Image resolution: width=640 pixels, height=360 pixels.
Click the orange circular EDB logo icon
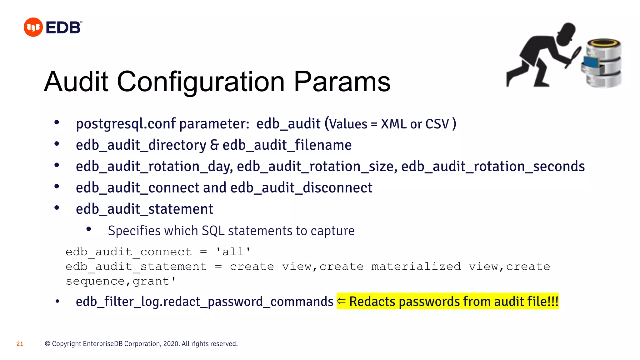tap(33, 27)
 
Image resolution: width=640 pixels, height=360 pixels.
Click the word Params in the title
tap(342, 82)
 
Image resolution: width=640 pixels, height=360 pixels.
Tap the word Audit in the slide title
tap(76, 82)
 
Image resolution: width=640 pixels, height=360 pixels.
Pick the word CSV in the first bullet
tap(437, 124)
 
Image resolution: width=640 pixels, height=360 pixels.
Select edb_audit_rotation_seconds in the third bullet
tap(493, 167)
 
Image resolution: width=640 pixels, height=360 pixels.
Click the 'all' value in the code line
tap(233, 252)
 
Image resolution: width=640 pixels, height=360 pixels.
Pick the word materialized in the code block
tap(416, 267)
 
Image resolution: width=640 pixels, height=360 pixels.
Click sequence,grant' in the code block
tap(121, 281)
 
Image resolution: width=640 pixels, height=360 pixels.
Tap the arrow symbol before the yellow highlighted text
tap(341, 301)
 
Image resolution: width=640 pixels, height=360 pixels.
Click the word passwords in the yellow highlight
tap(429, 302)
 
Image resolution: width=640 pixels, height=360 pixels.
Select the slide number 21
tap(20, 344)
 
